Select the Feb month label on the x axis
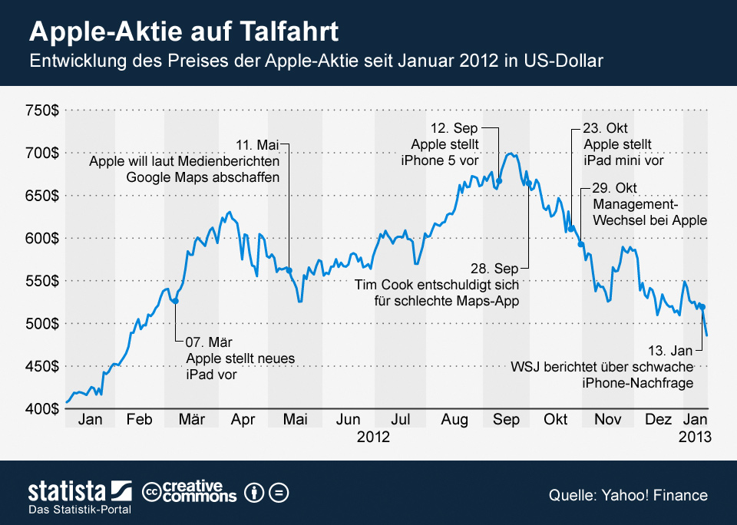140,420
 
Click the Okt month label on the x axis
555,420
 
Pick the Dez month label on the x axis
658,420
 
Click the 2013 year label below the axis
696,437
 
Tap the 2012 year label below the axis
373,437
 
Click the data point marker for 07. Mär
176,301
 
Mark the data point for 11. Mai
289,269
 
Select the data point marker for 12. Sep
499,181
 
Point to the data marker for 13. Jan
703,307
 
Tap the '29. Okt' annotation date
614,189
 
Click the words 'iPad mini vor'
623,161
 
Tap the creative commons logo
190,492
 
